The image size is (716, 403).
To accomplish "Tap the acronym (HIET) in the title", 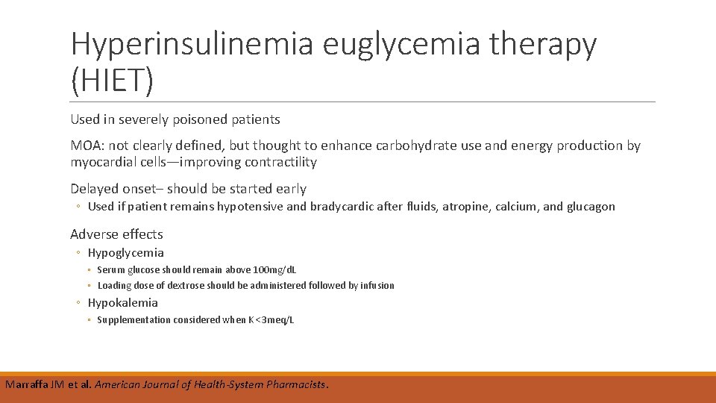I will click(113, 80).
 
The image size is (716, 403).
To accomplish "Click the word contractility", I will click(280, 162).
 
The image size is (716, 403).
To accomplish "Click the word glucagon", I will click(591, 207).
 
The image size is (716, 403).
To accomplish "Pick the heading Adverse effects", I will click(116, 234).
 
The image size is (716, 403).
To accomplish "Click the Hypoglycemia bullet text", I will click(126, 252).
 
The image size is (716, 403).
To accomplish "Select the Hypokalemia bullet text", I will click(123, 302).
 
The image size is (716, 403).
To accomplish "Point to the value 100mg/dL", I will click(274, 269).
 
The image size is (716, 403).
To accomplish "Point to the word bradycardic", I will click(334, 207).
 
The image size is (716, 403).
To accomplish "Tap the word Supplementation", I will click(134, 319).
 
